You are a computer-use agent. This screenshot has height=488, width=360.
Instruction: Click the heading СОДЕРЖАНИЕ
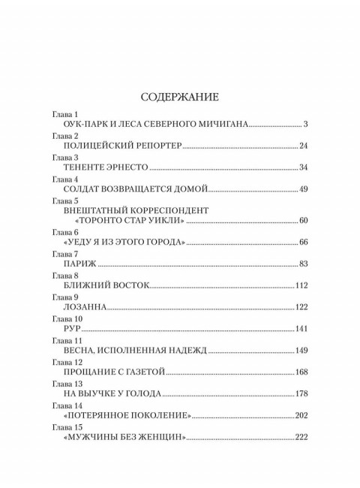click(x=180, y=97)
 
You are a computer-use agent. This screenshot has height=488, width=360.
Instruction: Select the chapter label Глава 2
click(x=64, y=136)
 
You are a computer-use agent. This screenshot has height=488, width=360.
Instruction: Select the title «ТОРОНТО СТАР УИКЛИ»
click(x=130, y=221)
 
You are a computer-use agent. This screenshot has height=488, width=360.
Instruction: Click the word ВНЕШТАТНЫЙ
click(x=98, y=210)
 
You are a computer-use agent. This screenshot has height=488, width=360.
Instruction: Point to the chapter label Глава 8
click(x=64, y=276)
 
